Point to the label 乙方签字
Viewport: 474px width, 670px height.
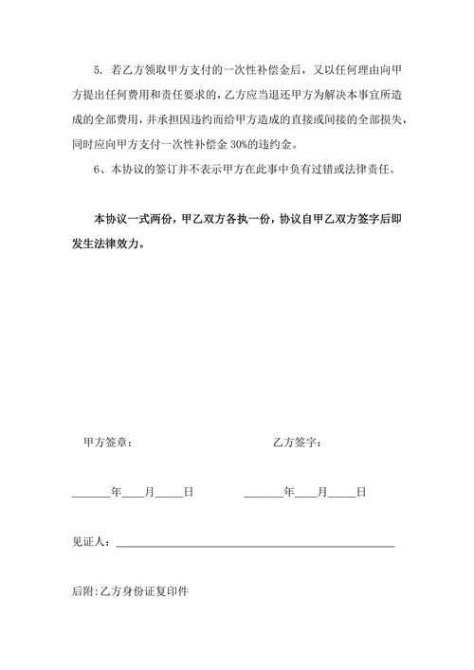[x=297, y=442]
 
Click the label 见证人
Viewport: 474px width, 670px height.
[x=91, y=542]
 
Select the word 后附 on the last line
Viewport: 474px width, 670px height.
[x=83, y=591]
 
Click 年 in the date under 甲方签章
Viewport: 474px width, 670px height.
[x=116, y=492]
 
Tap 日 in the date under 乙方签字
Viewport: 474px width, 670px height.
[x=361, y=492]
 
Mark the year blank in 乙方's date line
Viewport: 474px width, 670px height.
[x=263, y=494]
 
